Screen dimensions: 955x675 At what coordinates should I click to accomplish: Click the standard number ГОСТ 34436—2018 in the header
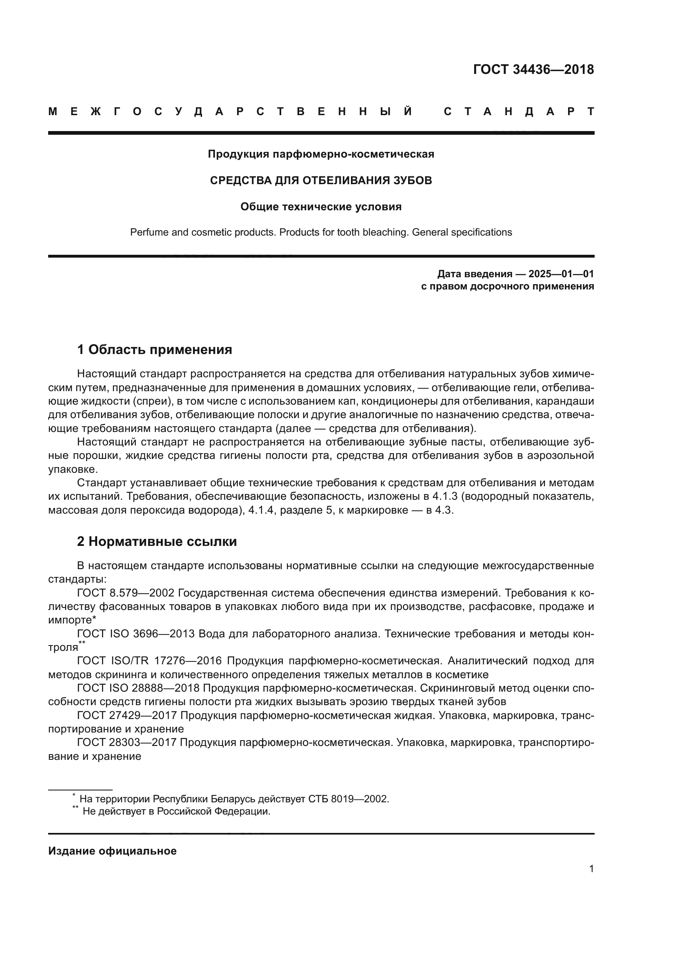(533, 69)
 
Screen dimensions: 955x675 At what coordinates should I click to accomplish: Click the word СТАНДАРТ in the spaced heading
(519, 111)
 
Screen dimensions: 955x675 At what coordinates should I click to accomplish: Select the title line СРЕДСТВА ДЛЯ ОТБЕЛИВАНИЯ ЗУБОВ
(321, 180)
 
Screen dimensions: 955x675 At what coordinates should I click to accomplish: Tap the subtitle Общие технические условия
(321, 207)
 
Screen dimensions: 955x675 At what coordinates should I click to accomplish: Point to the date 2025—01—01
(561, 274)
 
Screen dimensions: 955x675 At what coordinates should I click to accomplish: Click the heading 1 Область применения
(154, 349)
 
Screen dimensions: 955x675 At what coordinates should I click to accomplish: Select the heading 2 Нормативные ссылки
(157, 541)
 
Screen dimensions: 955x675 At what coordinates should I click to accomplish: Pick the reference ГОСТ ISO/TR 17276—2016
(150, 661)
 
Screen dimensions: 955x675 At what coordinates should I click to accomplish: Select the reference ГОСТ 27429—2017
(127, 715)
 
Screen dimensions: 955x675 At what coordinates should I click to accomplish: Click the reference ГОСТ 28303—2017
(127, 742)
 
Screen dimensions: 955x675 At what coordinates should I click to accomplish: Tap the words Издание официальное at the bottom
(112, 851)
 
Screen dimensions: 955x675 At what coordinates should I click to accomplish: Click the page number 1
(591, 869)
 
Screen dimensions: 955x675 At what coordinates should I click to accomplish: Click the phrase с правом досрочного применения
(507, 286)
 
